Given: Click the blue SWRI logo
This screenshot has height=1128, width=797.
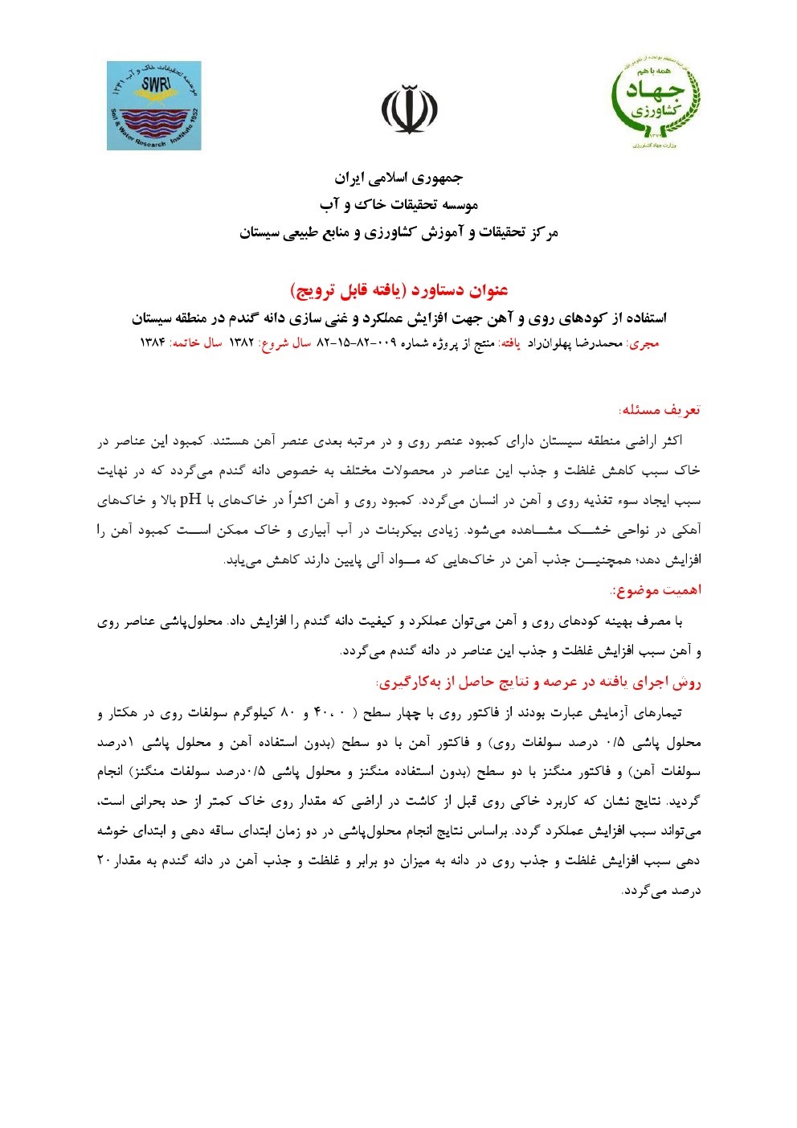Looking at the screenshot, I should pos(154,105).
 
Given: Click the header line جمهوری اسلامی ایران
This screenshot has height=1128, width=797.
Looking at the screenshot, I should pos(398,178).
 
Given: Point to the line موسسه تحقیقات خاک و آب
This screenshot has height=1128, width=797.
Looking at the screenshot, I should pos(398,205).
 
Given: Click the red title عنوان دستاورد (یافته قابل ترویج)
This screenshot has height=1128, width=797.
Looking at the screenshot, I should pos(398,289).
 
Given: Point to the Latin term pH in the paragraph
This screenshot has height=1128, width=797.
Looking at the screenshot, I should pos(190,499).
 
